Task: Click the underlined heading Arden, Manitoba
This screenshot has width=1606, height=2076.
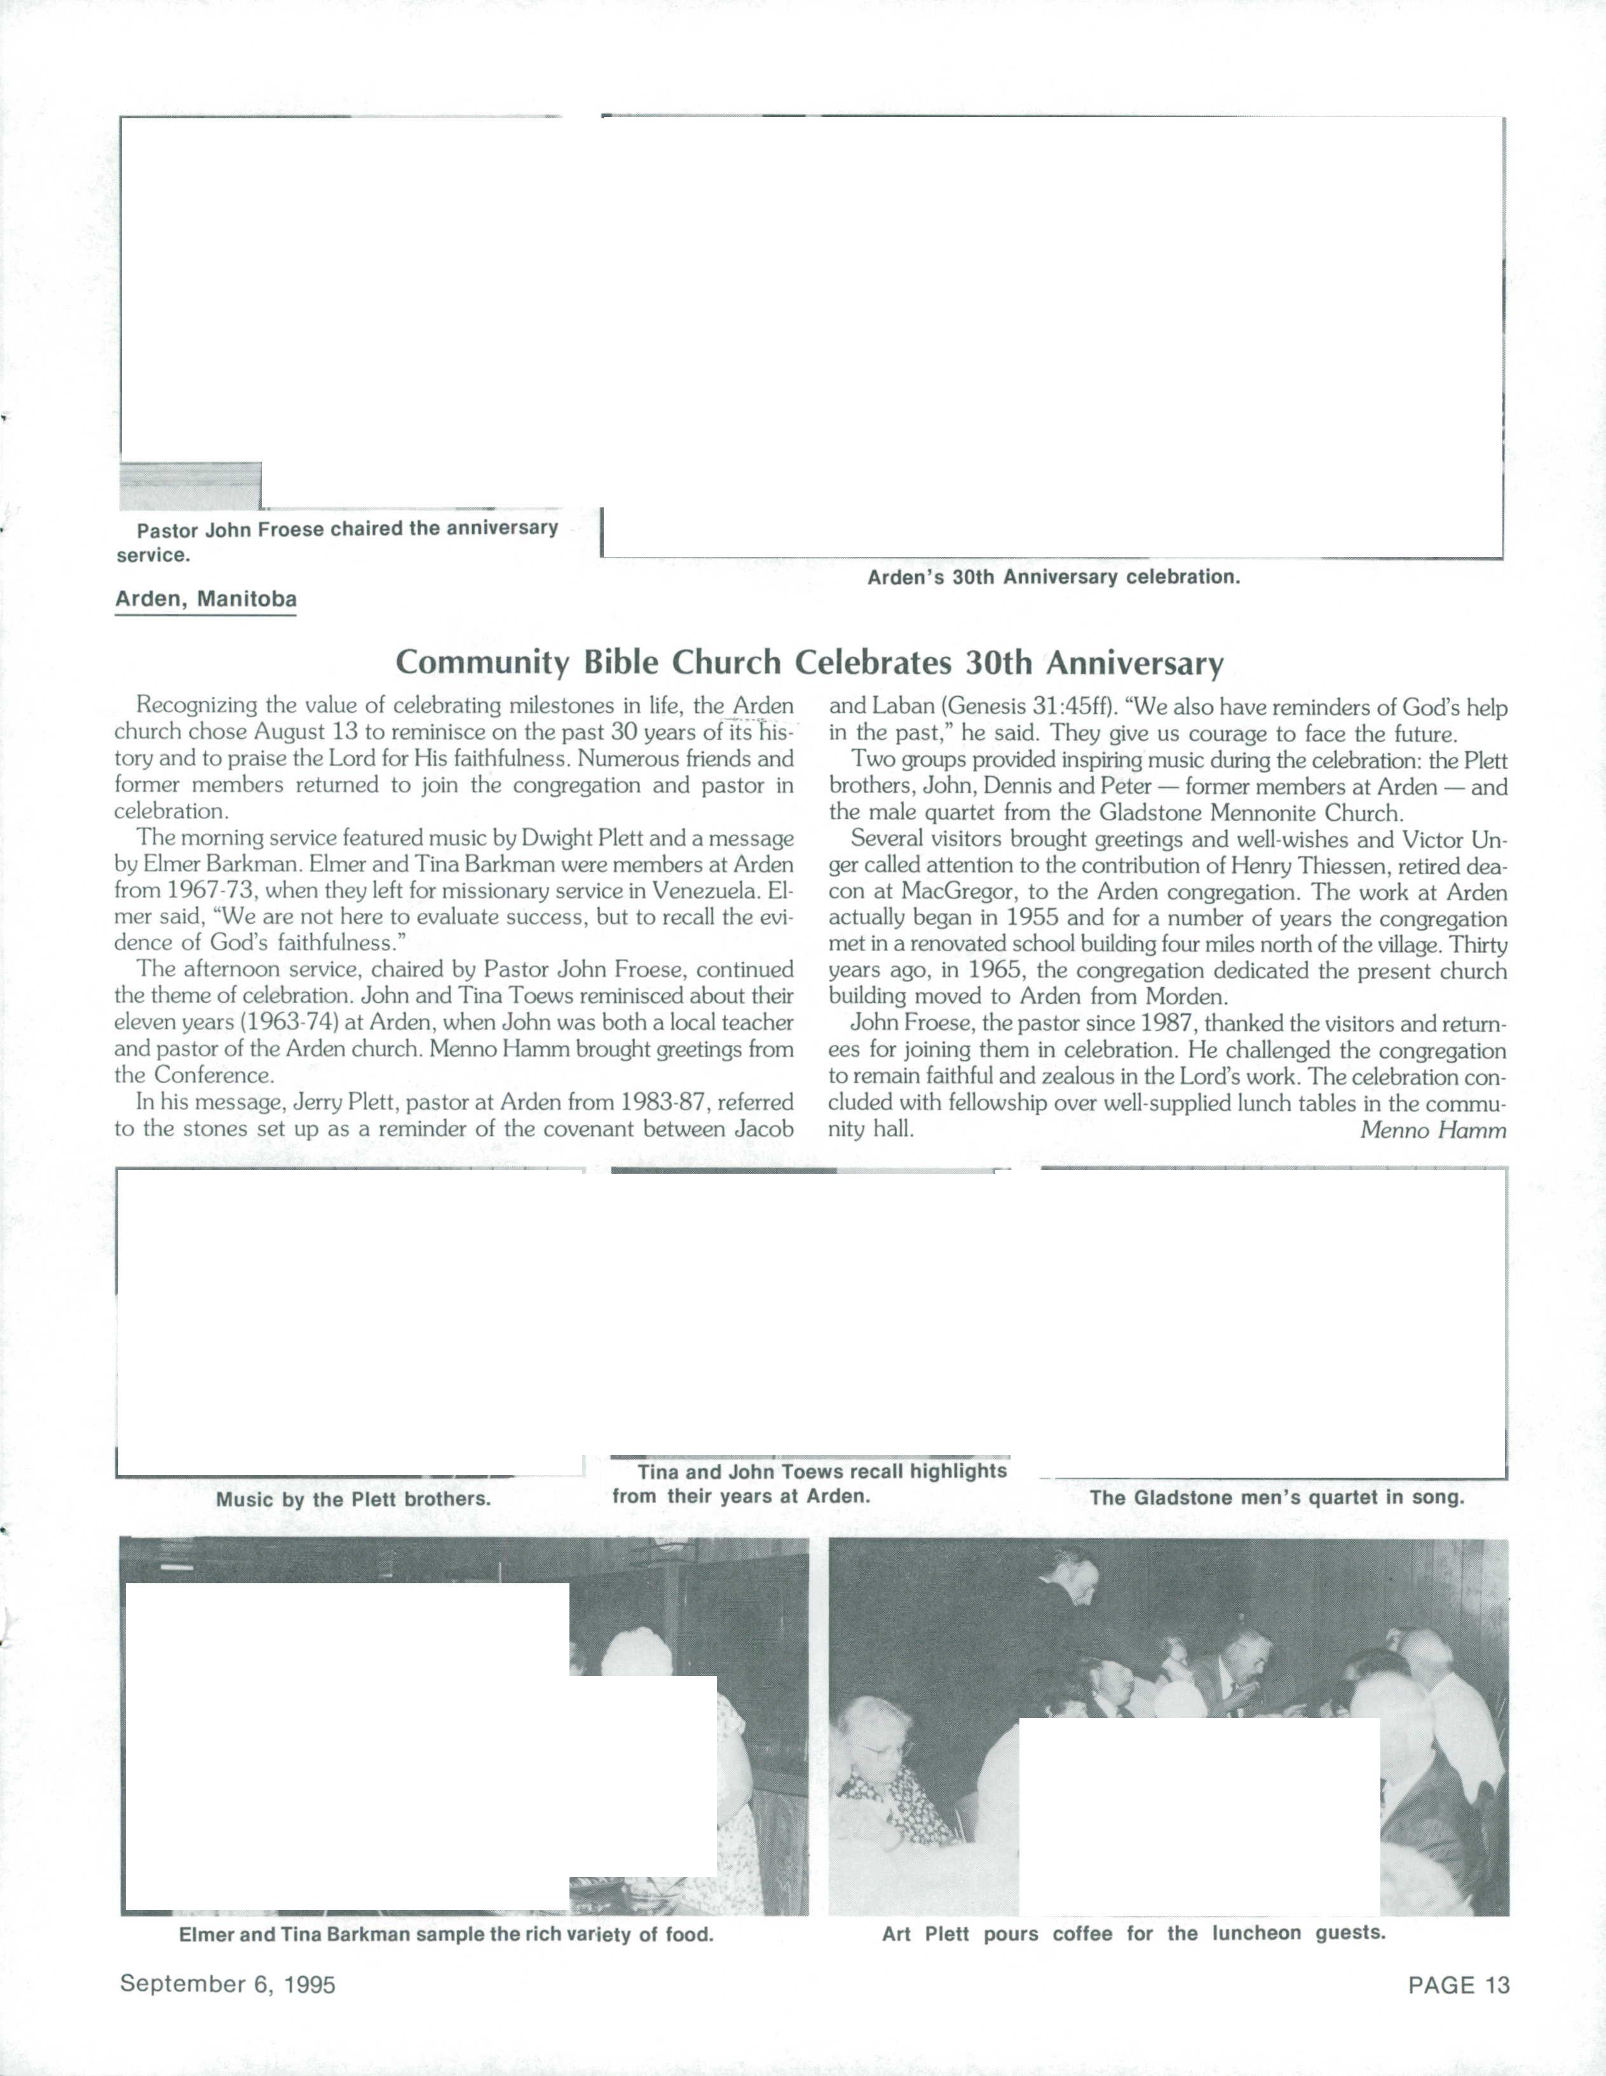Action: tap(205, 600)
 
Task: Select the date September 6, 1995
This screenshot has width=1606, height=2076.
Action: tap(227, 1984)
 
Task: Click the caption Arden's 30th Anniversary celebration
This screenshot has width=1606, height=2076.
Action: tap(1053, 577)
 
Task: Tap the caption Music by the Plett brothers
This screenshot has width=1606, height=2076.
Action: tap(353, 1499)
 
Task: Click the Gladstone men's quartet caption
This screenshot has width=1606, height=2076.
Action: tap(1276, 1497)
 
